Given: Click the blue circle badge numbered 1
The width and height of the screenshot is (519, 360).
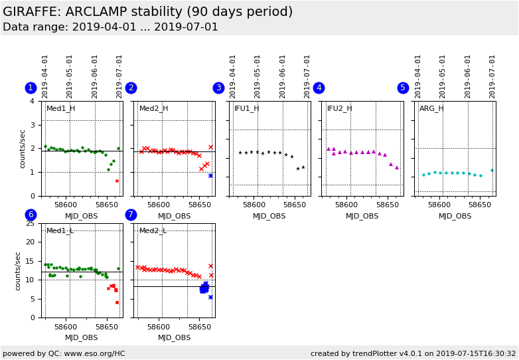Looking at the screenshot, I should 31,88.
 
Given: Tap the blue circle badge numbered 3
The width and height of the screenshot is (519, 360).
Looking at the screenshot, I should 218,88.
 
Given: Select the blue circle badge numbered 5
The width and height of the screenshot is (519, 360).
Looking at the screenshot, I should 403,88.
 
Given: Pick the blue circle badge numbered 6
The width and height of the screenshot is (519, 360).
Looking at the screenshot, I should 31,215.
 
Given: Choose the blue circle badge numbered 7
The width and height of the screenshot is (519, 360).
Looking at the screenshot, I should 131,215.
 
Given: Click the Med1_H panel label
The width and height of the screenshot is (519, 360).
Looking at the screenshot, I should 60,109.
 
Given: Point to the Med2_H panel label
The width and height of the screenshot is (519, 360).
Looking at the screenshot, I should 153,109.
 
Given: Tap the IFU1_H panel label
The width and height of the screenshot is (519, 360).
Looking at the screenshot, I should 246,109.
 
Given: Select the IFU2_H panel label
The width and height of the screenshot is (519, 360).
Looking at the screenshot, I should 339,109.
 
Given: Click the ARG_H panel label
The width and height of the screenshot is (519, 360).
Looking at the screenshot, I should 431,109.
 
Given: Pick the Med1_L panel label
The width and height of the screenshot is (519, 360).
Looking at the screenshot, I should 60,231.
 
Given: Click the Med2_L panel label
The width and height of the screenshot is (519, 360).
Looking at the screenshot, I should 153,231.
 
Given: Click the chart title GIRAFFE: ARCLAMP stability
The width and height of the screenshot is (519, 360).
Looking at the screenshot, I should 147,12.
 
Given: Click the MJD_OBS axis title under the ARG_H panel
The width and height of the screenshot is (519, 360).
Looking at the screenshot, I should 455,216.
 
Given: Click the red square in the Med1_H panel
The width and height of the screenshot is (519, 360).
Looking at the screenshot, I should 117,181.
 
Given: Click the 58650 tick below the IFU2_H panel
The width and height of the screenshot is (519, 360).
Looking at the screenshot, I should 384,205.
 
